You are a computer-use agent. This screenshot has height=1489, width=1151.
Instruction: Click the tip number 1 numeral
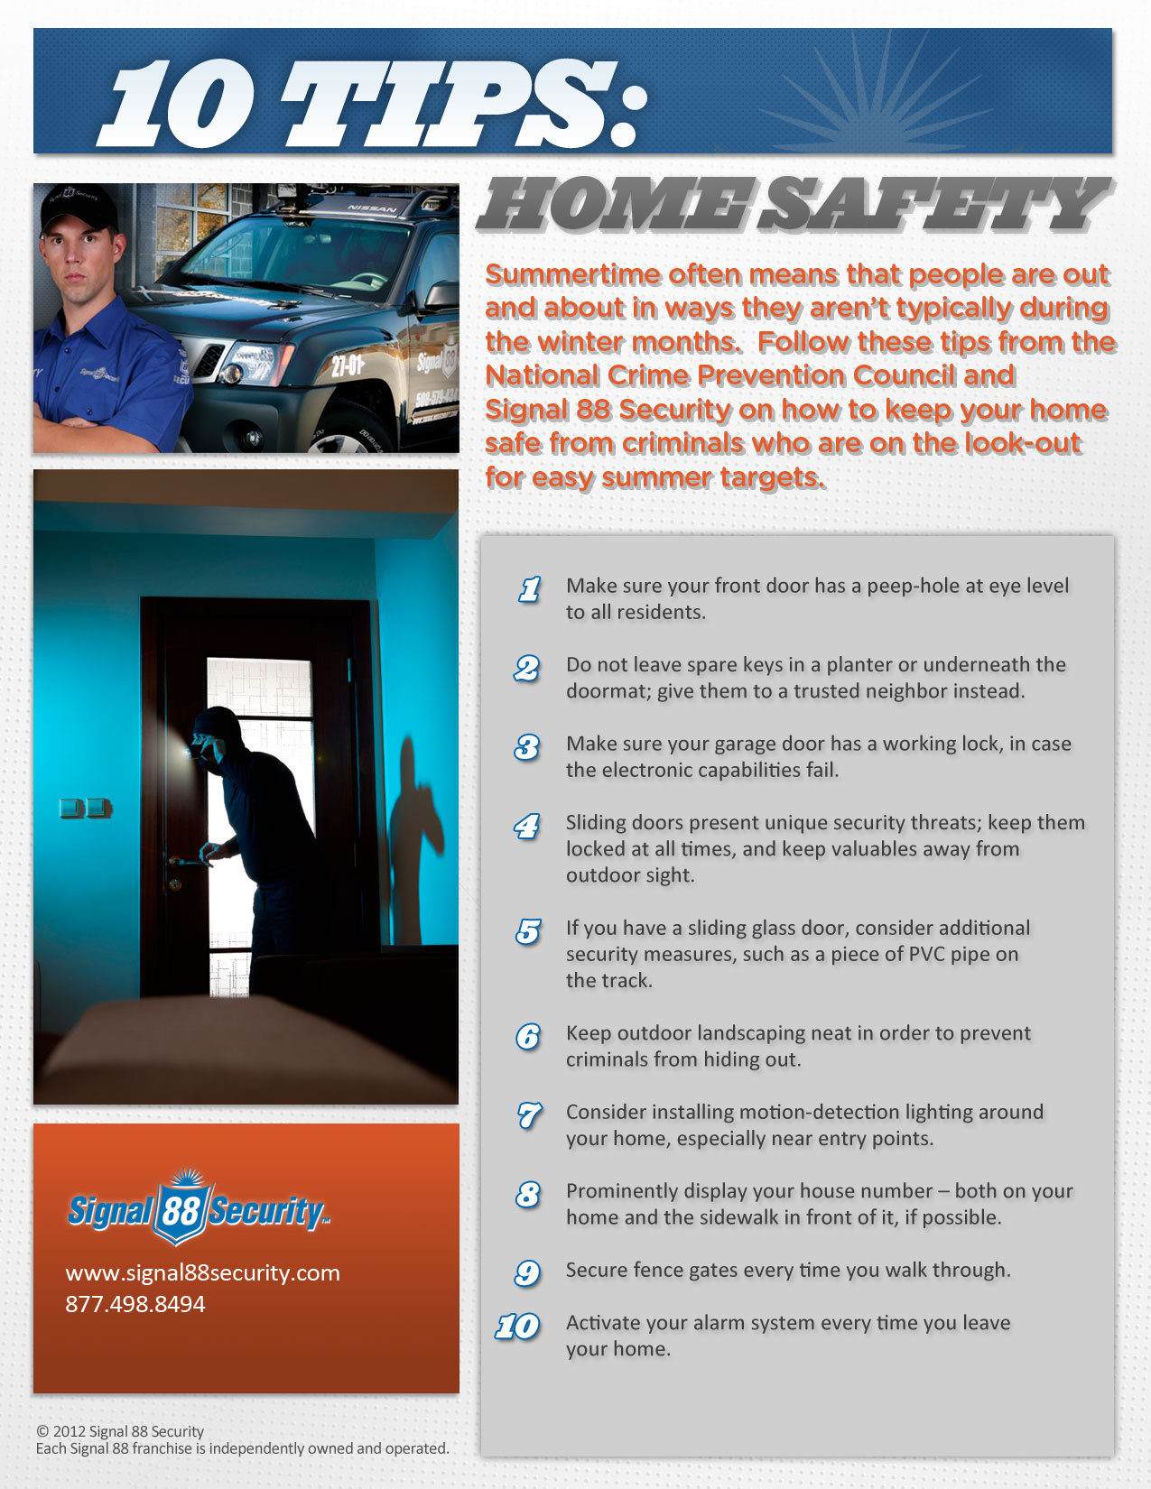tap(530, 589)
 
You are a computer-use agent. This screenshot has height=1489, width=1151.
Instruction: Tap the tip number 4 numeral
tap(527, 826)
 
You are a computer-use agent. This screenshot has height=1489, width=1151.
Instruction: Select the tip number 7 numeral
tap(529, 1115)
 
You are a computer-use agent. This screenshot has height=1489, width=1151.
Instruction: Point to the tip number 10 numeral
tap(517, 1326)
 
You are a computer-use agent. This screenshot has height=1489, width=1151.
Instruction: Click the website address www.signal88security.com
tap(202, 1272)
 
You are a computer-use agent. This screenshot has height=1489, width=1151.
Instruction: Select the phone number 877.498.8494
tap(135, 1304)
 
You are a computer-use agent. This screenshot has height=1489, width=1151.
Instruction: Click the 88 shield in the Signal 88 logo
tap(181, 1209)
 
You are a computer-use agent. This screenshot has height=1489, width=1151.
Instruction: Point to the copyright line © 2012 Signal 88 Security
tap(120, 1431)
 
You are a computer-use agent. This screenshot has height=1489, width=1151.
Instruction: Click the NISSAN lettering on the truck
tap(372, 208)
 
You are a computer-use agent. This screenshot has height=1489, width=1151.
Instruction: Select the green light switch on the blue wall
tap(86, 808)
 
